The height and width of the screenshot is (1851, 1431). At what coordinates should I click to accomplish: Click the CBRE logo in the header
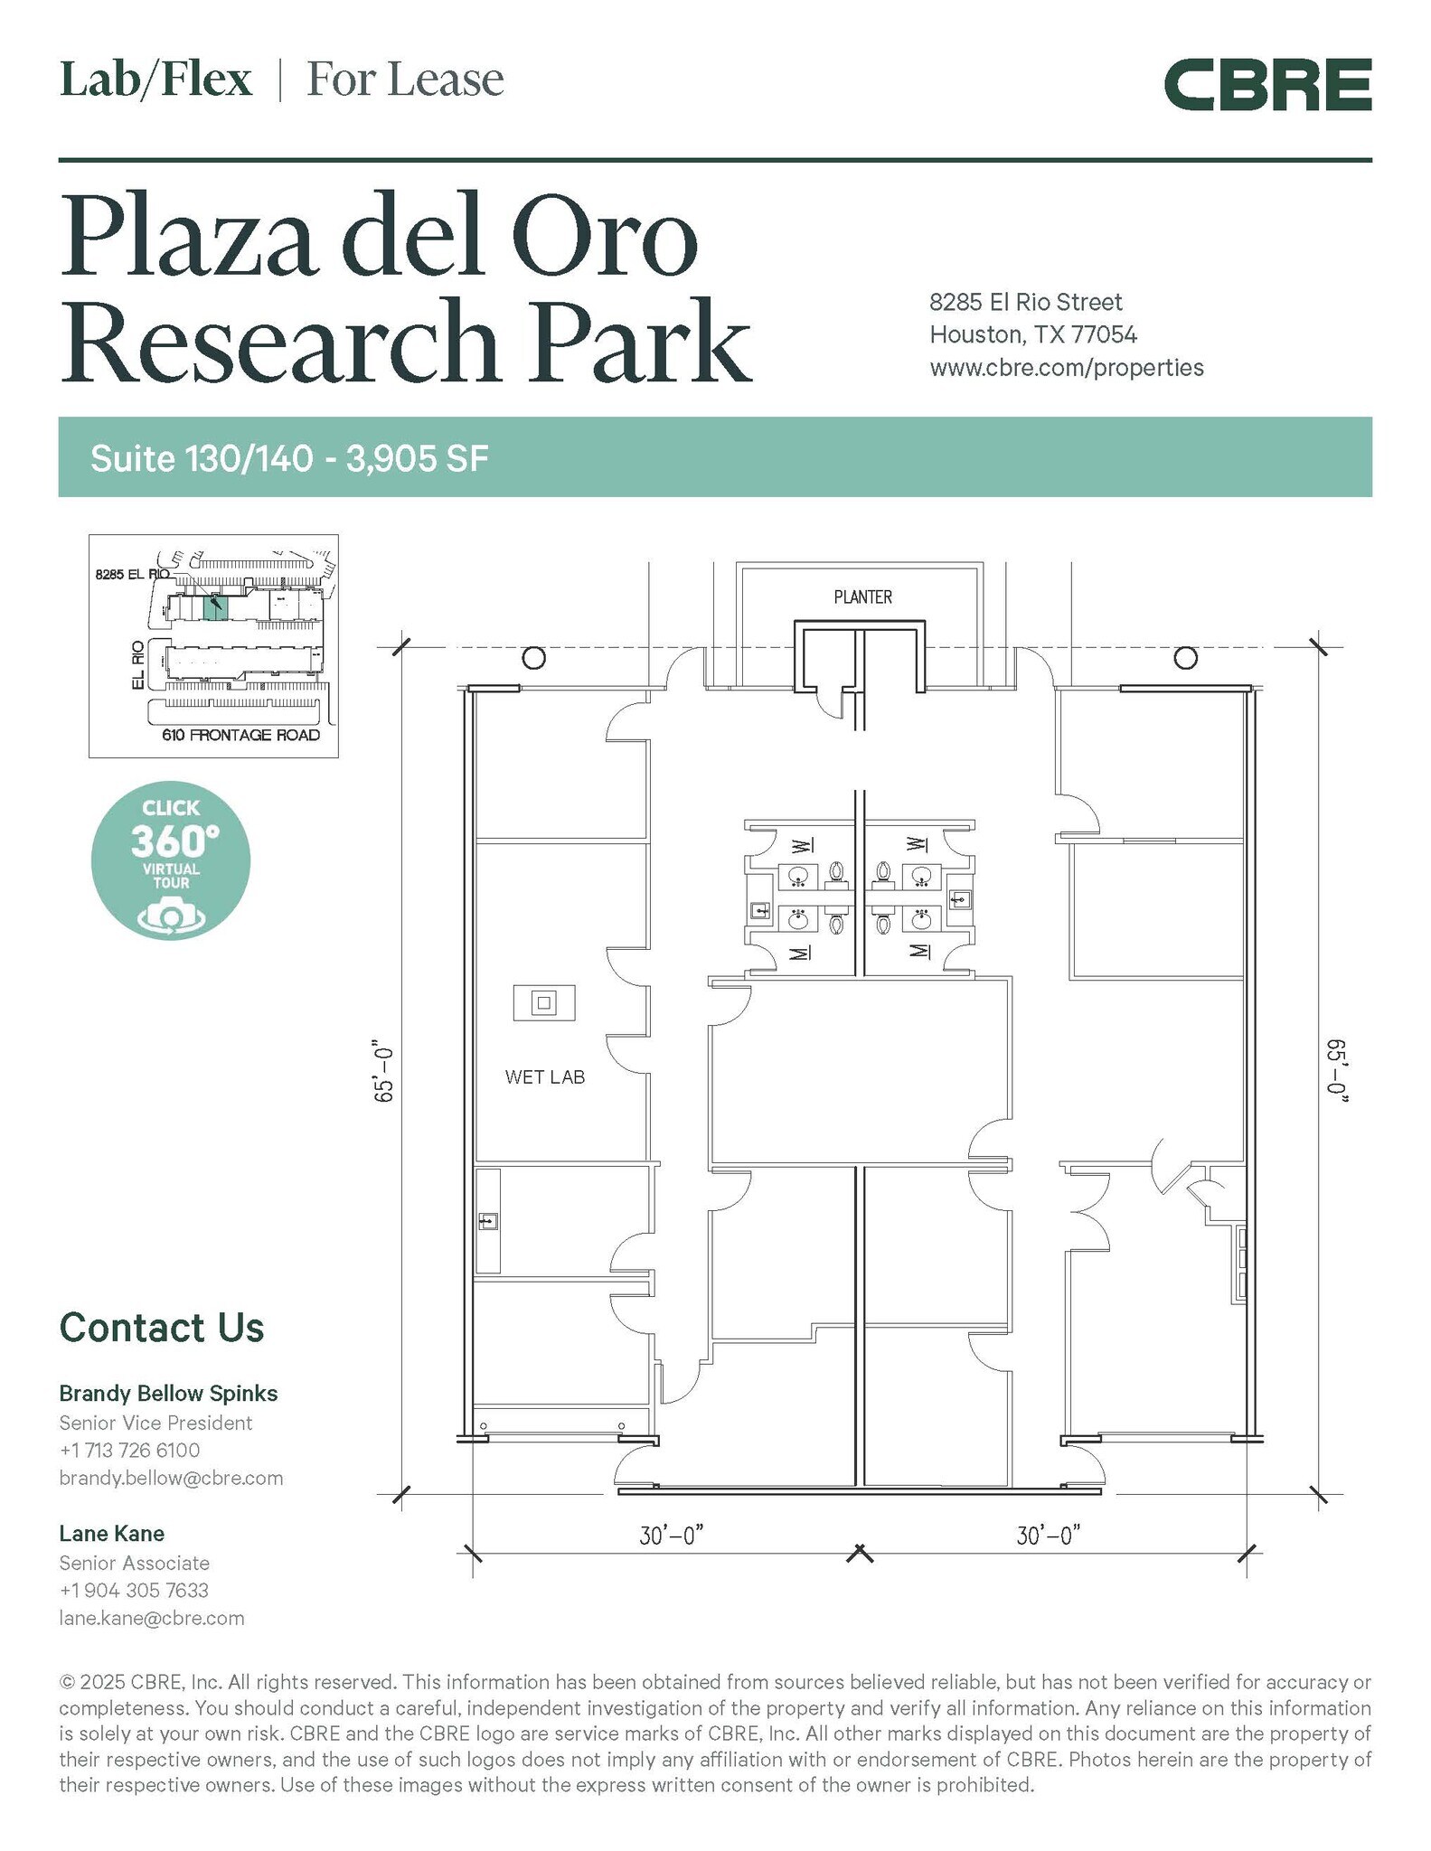[1267, 85]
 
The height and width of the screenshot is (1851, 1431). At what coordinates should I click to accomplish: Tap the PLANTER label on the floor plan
[862, 597]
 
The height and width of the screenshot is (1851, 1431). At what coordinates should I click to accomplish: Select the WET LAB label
[545, 1077]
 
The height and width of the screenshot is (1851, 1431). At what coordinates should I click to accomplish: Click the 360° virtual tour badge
[171, 860]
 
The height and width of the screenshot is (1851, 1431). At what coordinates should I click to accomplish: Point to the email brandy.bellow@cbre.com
[171, 1478]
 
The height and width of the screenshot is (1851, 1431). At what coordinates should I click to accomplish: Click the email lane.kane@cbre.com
[152, 1618]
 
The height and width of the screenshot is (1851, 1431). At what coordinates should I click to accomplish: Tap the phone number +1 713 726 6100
[130, 1450]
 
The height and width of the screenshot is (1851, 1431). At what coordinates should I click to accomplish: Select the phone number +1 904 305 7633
[134, 1590]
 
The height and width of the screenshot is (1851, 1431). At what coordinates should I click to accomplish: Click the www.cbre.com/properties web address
[1067, 368]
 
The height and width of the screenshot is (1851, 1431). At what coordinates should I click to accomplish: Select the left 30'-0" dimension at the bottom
[672, 1536]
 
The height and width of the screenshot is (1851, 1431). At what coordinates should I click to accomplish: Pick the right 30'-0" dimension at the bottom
[1049, 1536]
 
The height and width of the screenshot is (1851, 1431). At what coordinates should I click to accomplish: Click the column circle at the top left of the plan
[534, 657]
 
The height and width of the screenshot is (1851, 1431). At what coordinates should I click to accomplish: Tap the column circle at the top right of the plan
[1185, 657]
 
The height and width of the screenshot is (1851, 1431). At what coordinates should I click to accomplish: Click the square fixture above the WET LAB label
[544, 1003]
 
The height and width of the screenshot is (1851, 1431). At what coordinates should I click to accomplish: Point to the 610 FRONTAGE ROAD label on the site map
[241, 735]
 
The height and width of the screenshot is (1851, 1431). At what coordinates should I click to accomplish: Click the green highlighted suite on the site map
[214, 607]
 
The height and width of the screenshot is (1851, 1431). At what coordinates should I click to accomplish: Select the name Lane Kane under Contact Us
[112, 1534]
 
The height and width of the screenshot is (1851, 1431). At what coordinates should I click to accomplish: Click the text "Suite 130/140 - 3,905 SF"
[289, 458]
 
